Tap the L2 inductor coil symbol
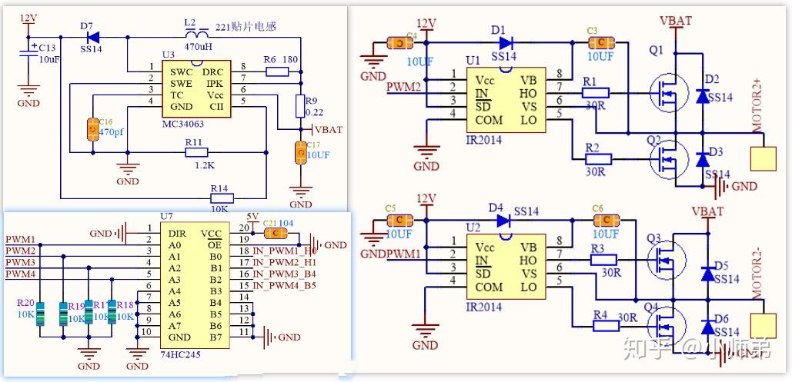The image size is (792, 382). pyautogui.click(x=199, y=35)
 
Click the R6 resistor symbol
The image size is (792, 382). pyautogui.click(x=277, y=71)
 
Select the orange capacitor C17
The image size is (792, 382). pyautogui.click(x=300, y=153)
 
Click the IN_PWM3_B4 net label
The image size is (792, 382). pyautogui.click(x=284, y=274)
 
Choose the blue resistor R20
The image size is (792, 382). pyautogui.click(x=41, y=314)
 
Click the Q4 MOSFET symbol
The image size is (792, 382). pyautogui.click(x=663, y=324)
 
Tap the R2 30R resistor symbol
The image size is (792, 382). pyautogui.click(x=598, y=159)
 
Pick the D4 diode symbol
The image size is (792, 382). pyautogui.click(x=504, y=221)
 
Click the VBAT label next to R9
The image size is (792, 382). pyautogui.click(x=329, y=130)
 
